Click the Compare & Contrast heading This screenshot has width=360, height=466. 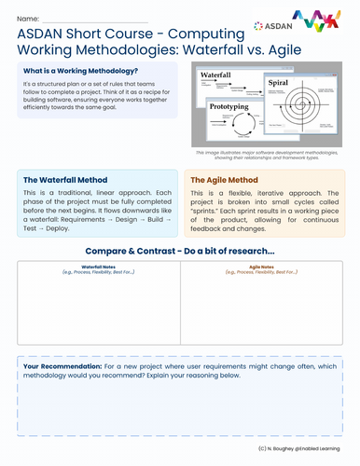pos(179,251)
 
